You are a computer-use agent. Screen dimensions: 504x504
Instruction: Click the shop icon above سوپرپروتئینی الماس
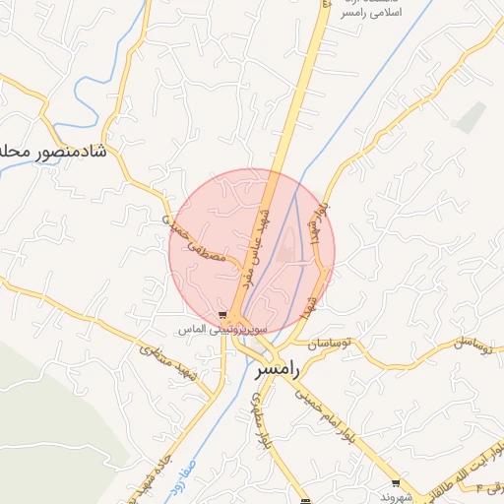pyautogui.click(x=233, y=316)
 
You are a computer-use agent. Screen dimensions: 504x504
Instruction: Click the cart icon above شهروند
pyautogui.click(x=396, y=483)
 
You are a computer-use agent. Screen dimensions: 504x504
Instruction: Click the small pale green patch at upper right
pyautogui.click(x=471, y=117)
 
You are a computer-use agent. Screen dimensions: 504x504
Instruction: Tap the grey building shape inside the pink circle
pyautogui.click(x=286, y=247)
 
